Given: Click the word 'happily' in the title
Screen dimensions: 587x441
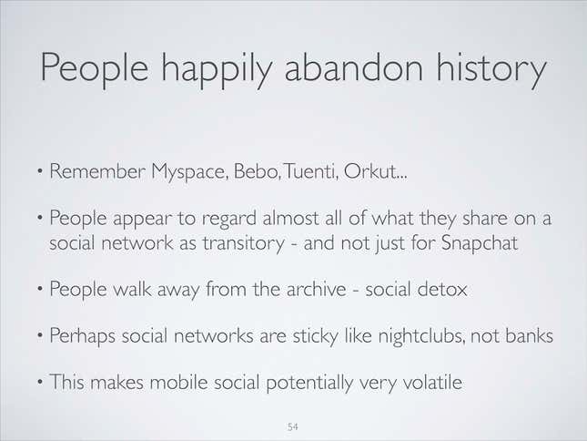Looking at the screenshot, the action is coord(216,69).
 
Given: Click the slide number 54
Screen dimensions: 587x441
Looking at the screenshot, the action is coord(292,426).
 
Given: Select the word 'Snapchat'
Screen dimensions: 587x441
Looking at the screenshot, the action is coord(480,243).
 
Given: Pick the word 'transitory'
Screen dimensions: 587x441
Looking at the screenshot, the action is coord(244,244).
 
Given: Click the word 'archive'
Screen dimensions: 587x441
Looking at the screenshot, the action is coord(317,289).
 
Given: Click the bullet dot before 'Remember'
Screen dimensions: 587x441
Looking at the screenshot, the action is coord(40,171).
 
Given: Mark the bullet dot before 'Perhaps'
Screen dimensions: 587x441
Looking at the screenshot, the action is coord(40,335).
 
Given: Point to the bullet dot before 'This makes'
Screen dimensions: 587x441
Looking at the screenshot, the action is coord(40,382).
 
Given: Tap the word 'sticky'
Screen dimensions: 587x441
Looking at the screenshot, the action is coord(316,336).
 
